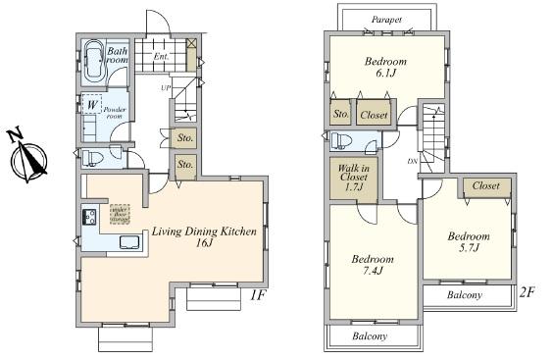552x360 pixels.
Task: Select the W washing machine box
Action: (91, 103)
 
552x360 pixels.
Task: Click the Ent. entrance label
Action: (163, 56)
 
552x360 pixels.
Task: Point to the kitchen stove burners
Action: (86, 218)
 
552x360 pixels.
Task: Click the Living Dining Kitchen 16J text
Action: (203, 238)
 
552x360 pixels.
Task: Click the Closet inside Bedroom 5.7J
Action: (485, 185)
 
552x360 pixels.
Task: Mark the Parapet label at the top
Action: (388, 19)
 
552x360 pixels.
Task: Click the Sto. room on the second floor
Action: (341, 114)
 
